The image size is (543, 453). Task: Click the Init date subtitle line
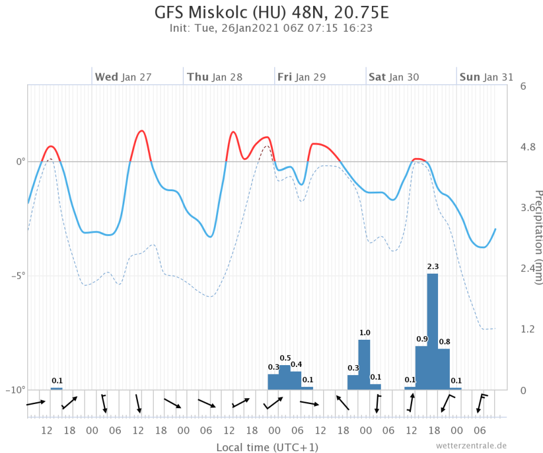click(271, 28)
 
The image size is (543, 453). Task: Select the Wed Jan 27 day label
click(123, 77)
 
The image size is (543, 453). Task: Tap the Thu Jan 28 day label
click(215, 77)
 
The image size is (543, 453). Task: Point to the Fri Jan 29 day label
click(302, 77)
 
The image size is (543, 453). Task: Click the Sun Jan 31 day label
click(486, 77)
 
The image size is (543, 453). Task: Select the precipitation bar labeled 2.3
click(433, 330)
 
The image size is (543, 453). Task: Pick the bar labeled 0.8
click(444, 369)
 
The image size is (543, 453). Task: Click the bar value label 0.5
click(285, 358)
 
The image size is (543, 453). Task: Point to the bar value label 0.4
click(297, 364)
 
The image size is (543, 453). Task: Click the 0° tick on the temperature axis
click(20, 161)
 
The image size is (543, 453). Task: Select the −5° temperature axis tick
click(18, 275)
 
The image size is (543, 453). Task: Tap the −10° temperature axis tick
click(17, 390)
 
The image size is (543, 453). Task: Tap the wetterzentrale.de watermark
click(472, 446)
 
